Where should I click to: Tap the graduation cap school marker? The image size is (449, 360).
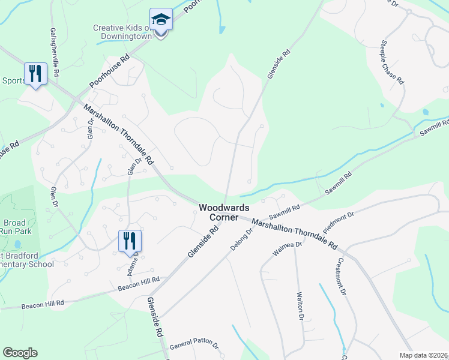click(x=161, y=20)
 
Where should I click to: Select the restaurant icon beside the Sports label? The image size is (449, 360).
click(x=35, y=74)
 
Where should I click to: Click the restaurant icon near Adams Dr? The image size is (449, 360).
click(x=130, y=241)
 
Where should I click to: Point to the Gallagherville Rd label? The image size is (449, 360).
click(x=55, y=52)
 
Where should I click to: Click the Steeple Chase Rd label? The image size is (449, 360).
click(x=393, y=62)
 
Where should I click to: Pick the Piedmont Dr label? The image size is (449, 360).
click(x=339, y=222)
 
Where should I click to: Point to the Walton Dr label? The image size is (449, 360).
click(x=301, y=306)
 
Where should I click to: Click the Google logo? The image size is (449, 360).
click(x=20, y=353)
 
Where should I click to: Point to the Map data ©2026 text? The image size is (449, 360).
click(x=424, y=355)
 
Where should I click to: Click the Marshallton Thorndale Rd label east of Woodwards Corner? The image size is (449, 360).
click(x=295, y=233)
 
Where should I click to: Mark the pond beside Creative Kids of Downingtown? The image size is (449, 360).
click(x=223, y=28)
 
